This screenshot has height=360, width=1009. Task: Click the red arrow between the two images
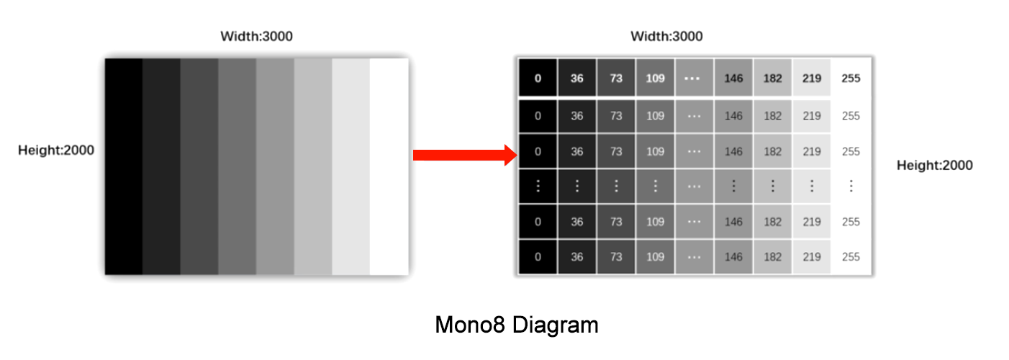click(464, 155)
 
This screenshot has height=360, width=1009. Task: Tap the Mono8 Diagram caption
click(516, 325)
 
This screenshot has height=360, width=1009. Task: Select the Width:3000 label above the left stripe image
click(256, 36)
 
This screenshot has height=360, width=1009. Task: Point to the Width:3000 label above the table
click(666, 36)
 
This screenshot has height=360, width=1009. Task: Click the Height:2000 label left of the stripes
click(56, 150)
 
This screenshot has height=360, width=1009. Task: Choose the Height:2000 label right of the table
click(934, 166)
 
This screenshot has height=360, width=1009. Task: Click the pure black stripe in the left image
click(124, 166)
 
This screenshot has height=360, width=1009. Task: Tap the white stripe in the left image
click(389, 166)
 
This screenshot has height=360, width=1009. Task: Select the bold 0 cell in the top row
click(538, 78)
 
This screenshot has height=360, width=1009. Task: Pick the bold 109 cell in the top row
click(655, 78)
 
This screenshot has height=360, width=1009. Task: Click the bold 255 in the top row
click(851, 78)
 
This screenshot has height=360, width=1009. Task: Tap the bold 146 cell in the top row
click(733, 78)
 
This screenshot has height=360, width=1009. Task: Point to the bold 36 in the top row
click(576, 78)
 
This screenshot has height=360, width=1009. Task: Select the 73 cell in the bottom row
click(616, 257)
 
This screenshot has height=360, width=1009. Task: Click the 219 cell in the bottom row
click(812, 257)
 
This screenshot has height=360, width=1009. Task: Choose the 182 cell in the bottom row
click(772, 257)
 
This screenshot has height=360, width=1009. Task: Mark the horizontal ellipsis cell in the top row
click(694, 78)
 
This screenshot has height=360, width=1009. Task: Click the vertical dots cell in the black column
click(538, 186)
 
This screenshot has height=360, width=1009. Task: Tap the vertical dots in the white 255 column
click(851, 186)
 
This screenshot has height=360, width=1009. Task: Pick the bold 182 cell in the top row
click(772, 78)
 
